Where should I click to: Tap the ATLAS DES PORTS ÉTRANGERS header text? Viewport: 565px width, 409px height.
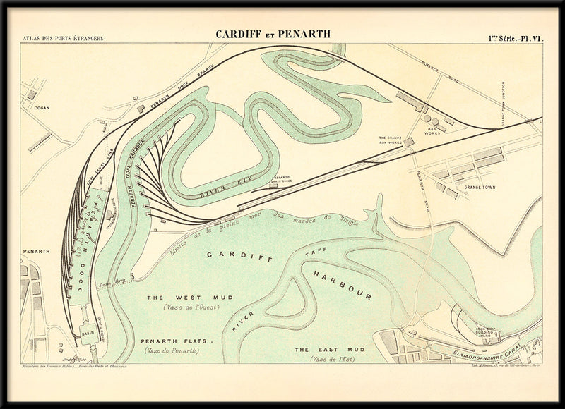tap(63, 37)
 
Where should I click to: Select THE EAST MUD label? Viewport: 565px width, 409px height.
tap(320, 349)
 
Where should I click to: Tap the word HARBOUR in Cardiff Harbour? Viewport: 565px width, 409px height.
tap(344, 284)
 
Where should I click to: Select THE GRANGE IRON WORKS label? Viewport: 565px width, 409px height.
tap(391, 140)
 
